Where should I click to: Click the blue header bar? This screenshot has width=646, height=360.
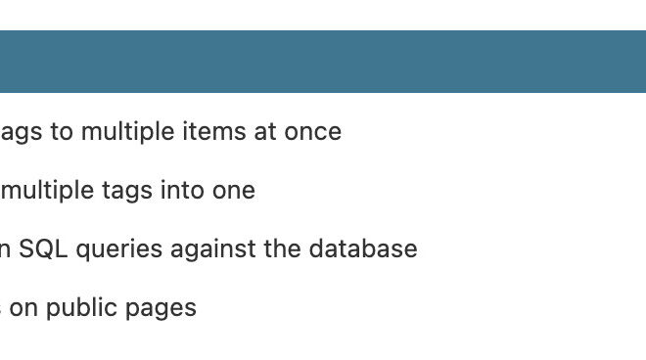(323, 61)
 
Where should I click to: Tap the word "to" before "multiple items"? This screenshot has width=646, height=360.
(62, 131)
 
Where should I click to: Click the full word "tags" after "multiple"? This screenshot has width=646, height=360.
(126, 191)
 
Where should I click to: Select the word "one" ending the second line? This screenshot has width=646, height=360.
(234, 191)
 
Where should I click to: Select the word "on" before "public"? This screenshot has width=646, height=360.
(23, 308)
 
